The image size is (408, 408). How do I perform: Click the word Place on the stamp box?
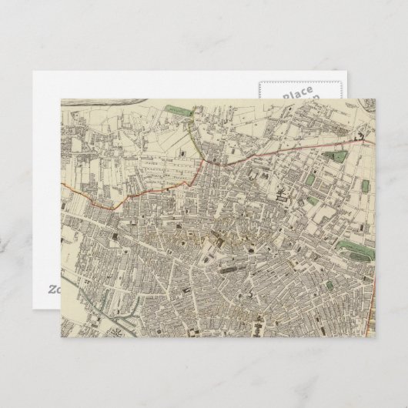click(296, 92)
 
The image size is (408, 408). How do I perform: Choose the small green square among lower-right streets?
click(329, 286)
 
